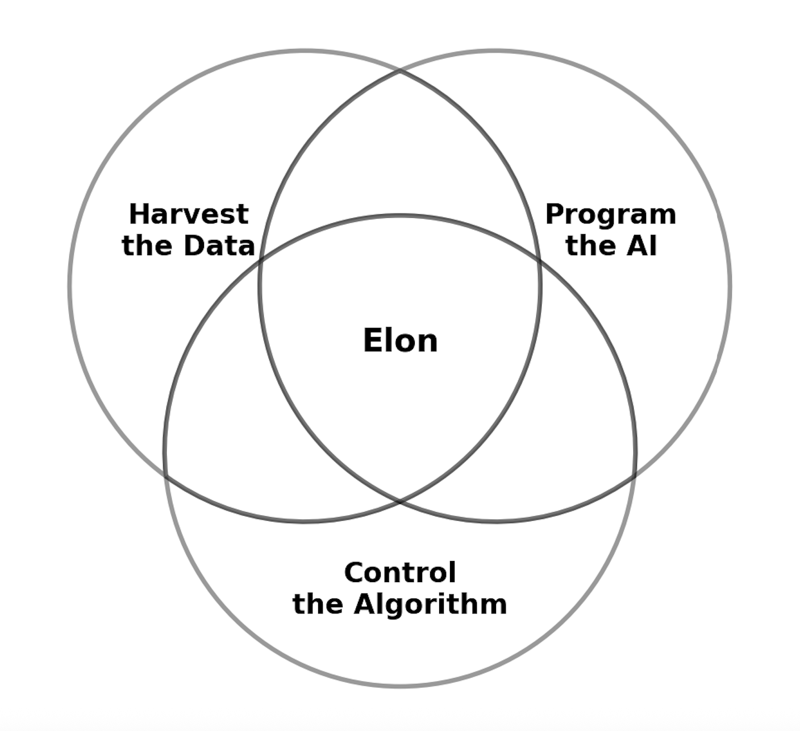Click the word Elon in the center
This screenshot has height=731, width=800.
click(x=400, y=341)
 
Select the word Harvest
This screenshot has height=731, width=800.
click(x=189, y=215)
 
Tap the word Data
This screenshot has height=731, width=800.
click(x=219, y=246)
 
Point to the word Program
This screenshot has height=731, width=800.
click(x=611, y=215)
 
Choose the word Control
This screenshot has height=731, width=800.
click(x=400, y=572)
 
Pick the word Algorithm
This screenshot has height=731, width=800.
click(x=430, y=604)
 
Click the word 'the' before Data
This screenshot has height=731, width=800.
click(x=148, y=246)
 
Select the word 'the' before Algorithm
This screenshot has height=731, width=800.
click(x=318, y=604)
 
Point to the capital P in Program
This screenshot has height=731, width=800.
click(x=555, y=215)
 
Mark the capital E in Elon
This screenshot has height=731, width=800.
click(x=372, y=341)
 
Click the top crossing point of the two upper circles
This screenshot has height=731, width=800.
click(x=400, y=72)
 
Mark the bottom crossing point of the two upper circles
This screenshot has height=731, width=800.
click(x=400, y=502)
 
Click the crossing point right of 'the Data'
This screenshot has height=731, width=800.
click(x=261, y=261)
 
